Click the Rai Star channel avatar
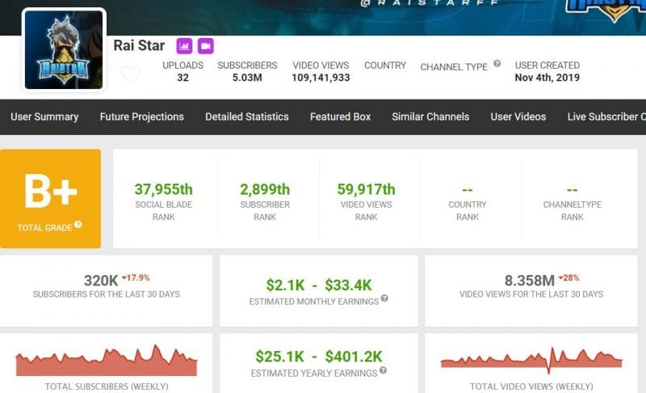(64, 49)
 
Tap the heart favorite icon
(131, 74)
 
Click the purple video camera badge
(205, 45)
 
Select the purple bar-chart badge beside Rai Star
(184, 45)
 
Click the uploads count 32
(182, 78)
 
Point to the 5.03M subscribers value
(247, 78)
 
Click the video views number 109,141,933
(321, 78)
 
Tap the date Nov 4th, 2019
(547, 78)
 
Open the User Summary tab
(44, 116)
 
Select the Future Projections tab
(141, 116)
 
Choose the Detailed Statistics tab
(246, 116)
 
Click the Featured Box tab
(340, 116)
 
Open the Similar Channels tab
(430, 116)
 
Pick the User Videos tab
(518, 116)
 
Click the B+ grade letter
(50, 192)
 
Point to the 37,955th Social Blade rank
(164, 190)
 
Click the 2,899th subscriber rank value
(265, 190)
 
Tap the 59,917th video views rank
(366, 190)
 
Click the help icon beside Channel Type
(497, 63)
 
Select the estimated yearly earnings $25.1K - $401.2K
(318, 357)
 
